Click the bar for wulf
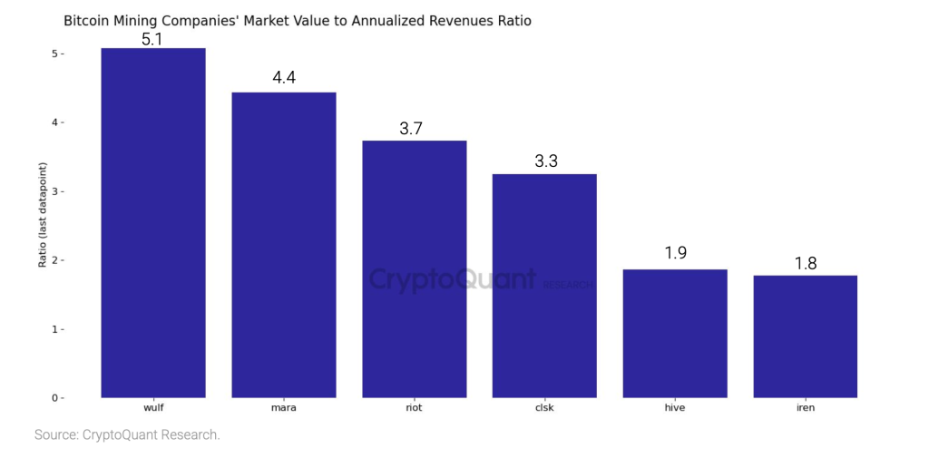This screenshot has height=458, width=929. [x=152, y=222]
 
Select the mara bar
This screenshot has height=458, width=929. [x=283, y=245]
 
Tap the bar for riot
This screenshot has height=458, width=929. [x=414, y=268]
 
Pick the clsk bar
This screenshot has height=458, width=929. [x=544, y=285]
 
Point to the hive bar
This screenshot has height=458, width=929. [x=675, y=333]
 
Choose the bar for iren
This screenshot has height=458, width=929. [x=805, y=336]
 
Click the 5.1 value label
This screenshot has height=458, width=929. [x=152, y=38]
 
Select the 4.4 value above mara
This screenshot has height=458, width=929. [x=284, y=78]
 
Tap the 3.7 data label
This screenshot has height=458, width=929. [x=411, y=129]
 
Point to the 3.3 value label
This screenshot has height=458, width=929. [x=546, y=162]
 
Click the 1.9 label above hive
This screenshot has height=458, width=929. [x=675, y=253]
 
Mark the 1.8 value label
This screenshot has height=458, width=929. [x=806, y=264]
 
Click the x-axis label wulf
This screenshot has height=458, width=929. [x=152, y=408]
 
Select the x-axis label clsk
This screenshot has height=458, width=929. [x=544, y=408]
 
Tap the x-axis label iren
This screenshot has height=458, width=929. [x=805, y=408]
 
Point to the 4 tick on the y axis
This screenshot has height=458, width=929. [x=56, y=122]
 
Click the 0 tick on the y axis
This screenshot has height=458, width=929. [x=56, y=397]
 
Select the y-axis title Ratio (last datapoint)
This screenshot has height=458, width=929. [x=42, y=214]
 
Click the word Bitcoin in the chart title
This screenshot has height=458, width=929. [x=87, y=20]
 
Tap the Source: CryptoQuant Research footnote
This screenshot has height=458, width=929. [x=127, y=435]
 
